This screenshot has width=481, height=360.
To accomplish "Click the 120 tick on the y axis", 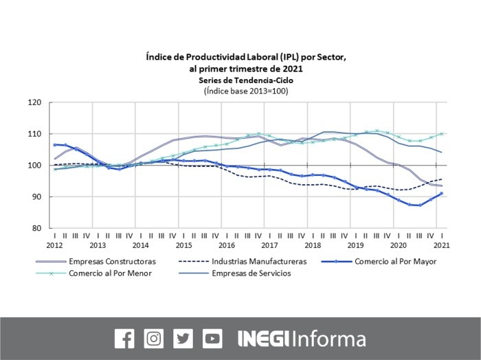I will tap(34, 102).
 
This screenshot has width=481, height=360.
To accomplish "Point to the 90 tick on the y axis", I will tap(36, 197).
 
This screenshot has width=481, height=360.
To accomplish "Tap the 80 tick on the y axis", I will tap(36, 228).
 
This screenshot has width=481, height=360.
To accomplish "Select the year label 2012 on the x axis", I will tap(55, 245).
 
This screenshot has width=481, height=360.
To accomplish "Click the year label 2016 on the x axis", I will tap(227, 245).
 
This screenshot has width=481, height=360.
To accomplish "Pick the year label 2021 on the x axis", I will tap(441, 245).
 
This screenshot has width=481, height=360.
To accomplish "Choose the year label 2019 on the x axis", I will tap(355, 245).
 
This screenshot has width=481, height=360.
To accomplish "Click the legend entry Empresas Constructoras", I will tap(112, 262).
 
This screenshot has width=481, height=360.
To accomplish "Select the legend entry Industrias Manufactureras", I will tap(258, 262).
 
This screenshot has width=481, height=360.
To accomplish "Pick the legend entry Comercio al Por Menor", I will tap(110, 273).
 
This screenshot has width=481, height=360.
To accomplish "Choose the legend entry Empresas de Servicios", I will tap(251, 273).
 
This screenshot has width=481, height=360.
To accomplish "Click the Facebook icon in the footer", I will tap(124, 339).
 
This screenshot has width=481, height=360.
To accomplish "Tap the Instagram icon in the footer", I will tap(154, 339).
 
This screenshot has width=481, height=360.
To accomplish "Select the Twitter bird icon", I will tap(183, 339).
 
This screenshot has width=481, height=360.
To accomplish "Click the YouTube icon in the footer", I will tap(213, 339).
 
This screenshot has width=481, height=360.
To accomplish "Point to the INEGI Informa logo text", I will tap(302, 339).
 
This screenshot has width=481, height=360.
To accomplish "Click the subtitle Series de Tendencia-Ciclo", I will tap(245, 80).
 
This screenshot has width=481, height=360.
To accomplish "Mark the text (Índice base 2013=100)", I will tap(245, 91).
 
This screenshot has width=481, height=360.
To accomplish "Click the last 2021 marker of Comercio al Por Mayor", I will tap(441, 193).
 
